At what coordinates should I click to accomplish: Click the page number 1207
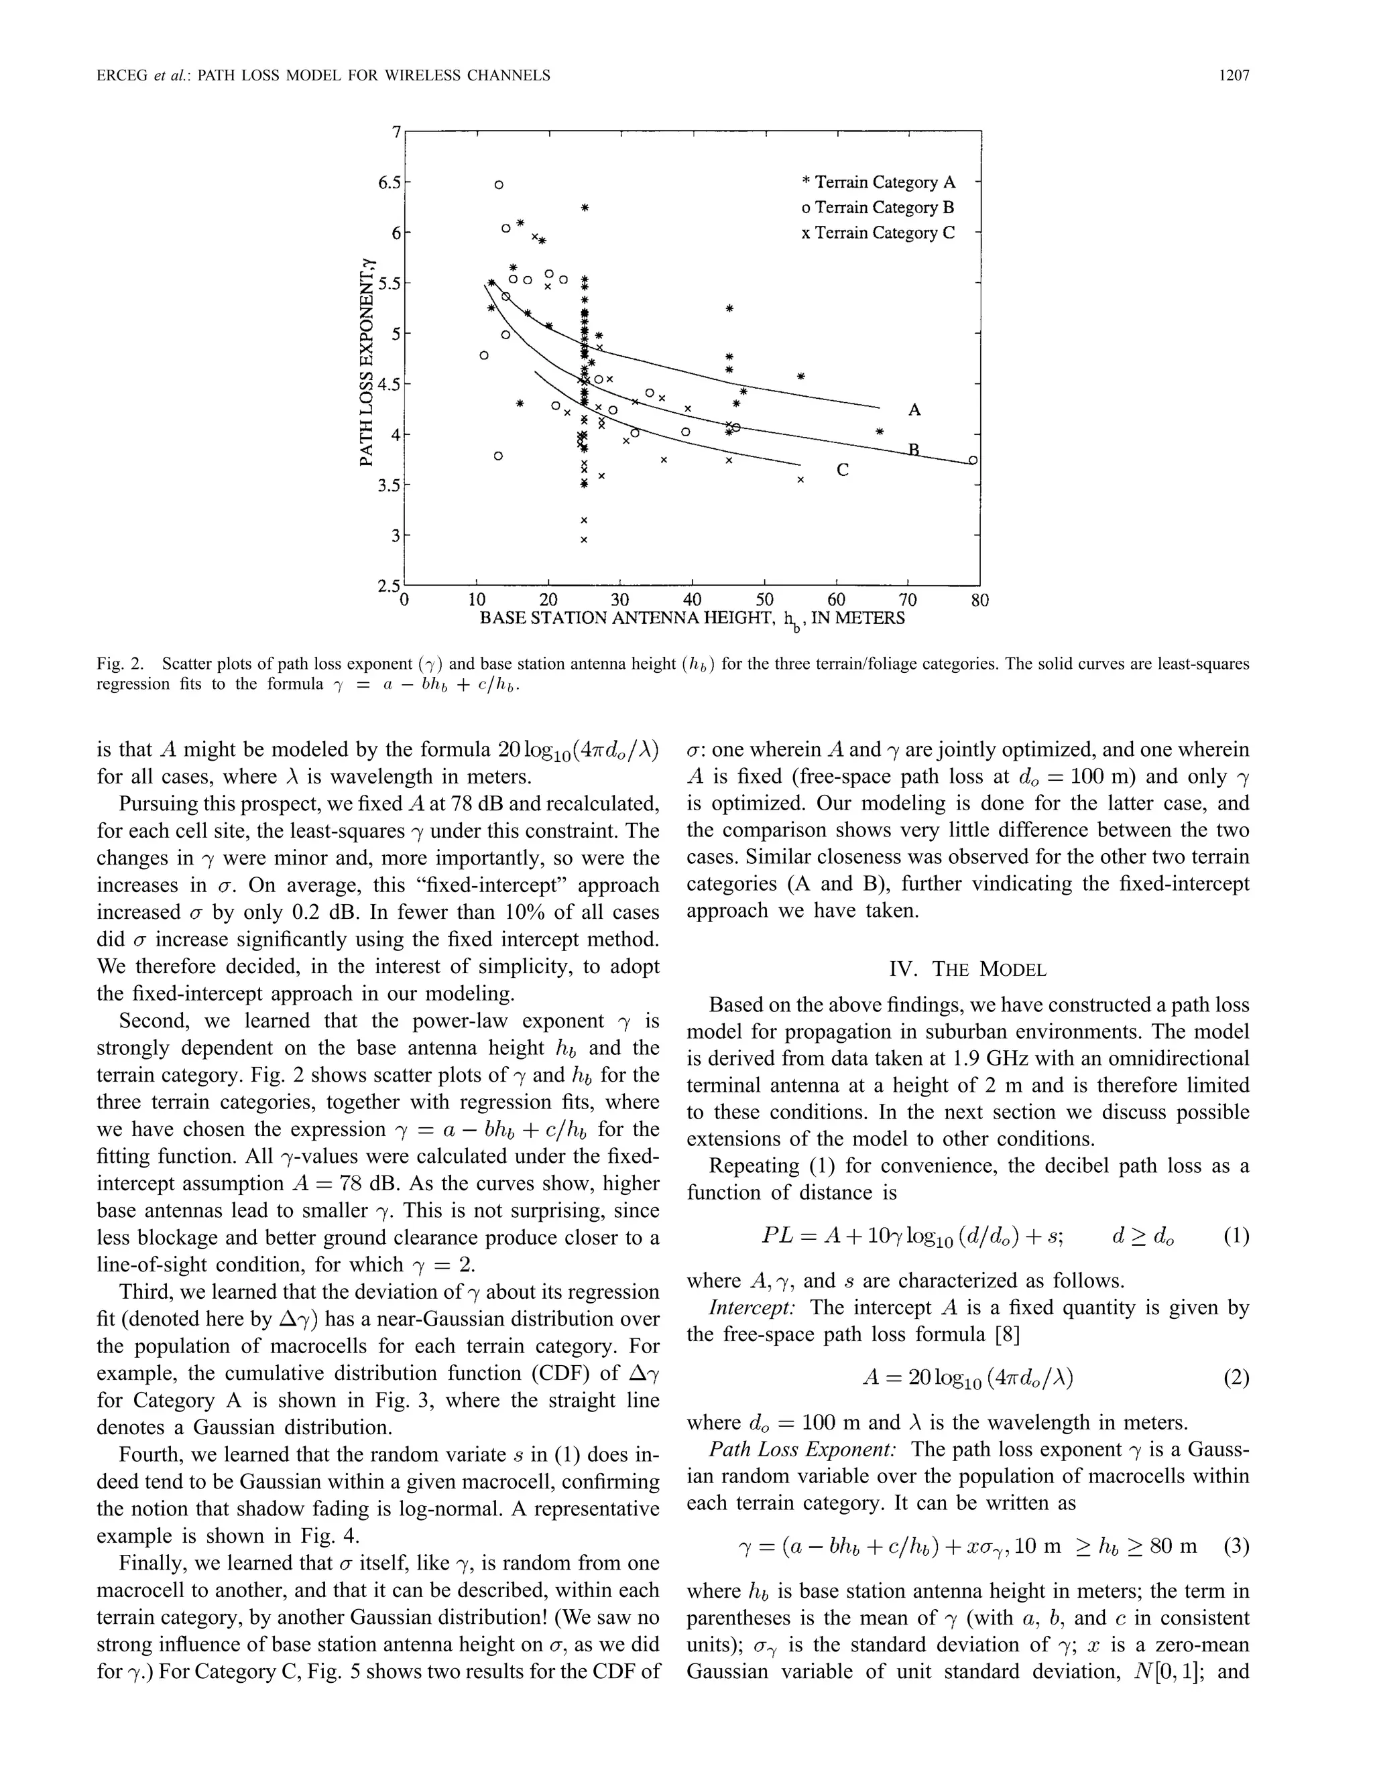click(1233, 76)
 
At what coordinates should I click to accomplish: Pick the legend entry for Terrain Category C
click(878, 233)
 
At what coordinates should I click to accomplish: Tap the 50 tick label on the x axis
click(764, 601)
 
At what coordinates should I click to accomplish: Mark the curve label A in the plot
click(914, 410)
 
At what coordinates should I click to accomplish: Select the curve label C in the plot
click(843, 470)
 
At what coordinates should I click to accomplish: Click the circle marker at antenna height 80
click(973, 461)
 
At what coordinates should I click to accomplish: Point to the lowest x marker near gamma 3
click(583, 539)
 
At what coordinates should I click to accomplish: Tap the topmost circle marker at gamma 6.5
click(499, 184)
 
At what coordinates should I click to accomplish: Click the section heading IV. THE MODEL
click(968, 969)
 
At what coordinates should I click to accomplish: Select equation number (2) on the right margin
click(1236, 1379)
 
